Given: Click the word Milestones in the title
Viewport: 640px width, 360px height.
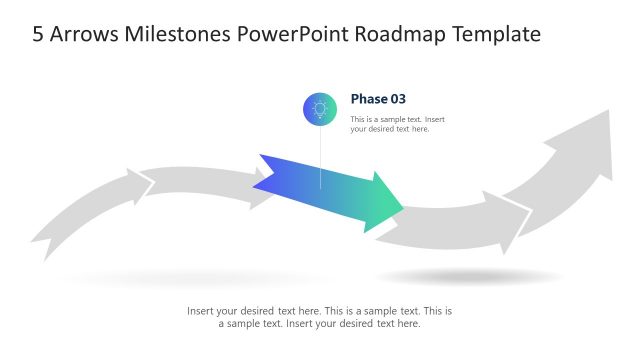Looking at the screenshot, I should [176, 34].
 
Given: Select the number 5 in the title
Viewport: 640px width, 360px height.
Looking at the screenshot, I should [38, 34].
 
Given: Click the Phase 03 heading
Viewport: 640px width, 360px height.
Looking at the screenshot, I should [378, 98].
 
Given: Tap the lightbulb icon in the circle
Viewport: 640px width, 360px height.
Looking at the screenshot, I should [320, 108].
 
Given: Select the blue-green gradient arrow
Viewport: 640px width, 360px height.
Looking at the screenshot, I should [330, 195].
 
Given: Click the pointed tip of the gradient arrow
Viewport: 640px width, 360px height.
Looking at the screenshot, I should [400, 208].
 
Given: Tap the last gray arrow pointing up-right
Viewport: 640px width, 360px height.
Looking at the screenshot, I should [565, 170].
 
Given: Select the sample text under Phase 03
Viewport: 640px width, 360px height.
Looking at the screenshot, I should [397, 124].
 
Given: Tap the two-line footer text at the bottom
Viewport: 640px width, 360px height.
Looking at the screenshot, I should [320, 317].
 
